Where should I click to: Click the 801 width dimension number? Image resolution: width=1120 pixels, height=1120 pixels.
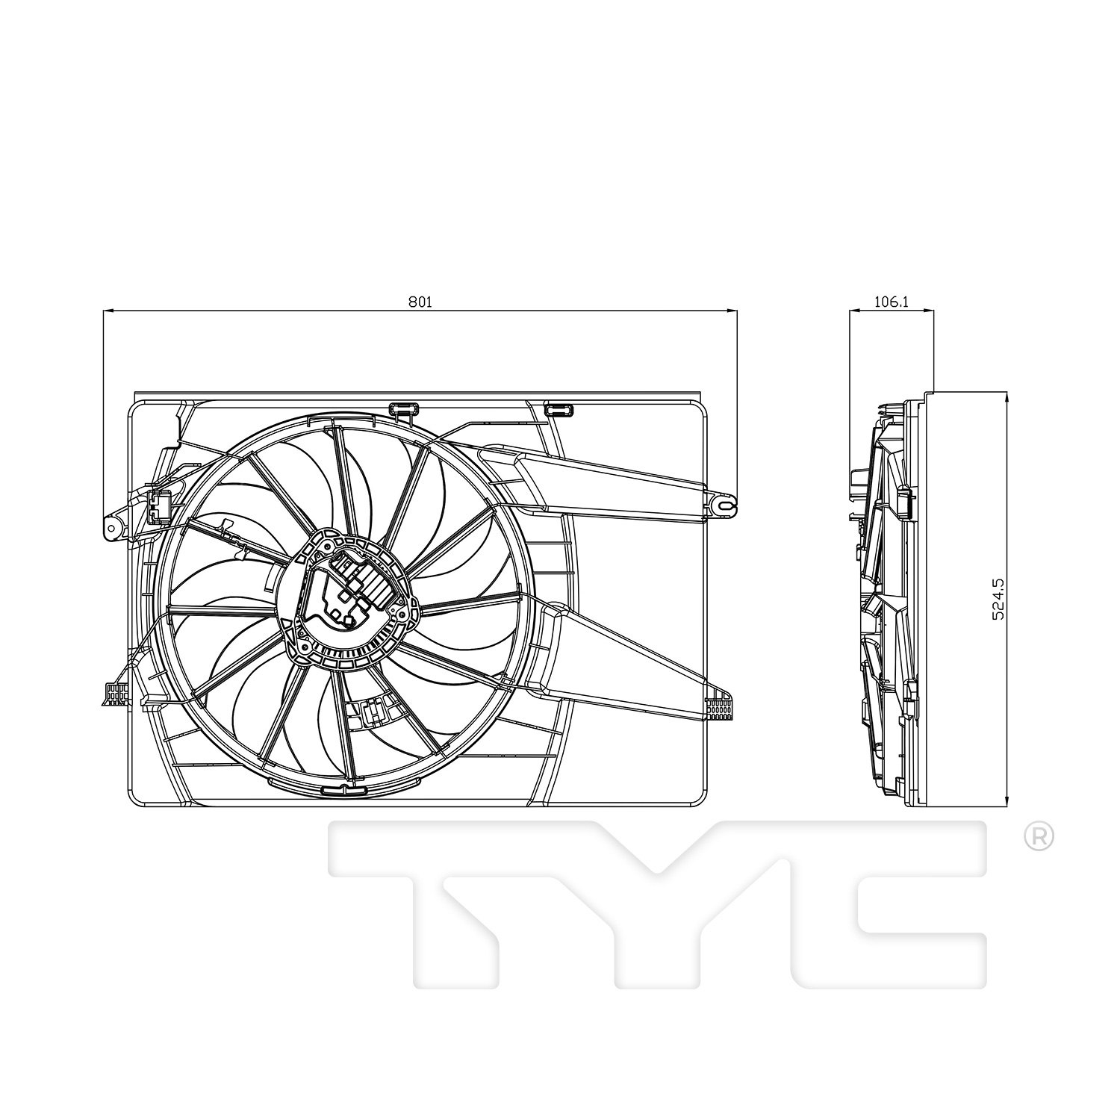[x=420, y=302]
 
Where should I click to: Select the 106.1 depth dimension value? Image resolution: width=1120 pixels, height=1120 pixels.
[x=891, y=302]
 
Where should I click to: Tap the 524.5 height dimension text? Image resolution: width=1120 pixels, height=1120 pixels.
[x=998, y=598]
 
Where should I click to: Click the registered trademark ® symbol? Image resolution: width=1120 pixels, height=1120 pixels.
[x=1038, y=838]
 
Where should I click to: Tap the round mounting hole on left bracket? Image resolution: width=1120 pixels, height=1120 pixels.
[x=112, y=528]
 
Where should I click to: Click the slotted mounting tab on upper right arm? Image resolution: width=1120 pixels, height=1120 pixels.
[x=721, y=505]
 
